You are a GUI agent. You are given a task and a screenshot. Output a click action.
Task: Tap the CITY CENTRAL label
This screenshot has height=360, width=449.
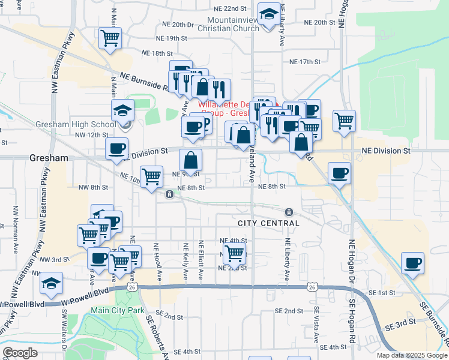click(x=268, y=223)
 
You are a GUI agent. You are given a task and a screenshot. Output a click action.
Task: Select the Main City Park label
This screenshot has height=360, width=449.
click(x=118, y=311)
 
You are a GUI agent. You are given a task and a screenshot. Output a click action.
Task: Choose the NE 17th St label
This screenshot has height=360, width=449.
click(x=306, y=62)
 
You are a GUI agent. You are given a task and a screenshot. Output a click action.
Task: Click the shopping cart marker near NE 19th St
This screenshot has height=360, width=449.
click(x=110, y=38)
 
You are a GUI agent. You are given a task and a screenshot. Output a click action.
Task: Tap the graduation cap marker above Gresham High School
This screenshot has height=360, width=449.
click(x=122, y=110)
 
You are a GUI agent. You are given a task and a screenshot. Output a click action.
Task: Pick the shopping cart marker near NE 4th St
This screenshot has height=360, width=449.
click(x=234, y=253)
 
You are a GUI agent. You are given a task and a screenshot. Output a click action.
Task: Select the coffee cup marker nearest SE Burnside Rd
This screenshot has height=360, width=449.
click(x=412, y=263)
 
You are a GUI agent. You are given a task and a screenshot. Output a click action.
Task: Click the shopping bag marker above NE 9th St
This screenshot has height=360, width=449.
click(x=191, y=160)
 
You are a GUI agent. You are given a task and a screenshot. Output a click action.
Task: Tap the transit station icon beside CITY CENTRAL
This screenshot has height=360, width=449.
click(x=289, y=212)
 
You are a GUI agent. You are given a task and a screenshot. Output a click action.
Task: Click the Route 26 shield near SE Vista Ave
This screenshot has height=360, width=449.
click(x=311, y=288)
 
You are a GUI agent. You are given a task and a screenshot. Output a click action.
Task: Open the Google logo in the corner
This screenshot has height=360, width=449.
click(x=20, y=353)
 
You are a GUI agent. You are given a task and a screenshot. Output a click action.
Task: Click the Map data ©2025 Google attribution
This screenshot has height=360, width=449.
click(x=412, y=355)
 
